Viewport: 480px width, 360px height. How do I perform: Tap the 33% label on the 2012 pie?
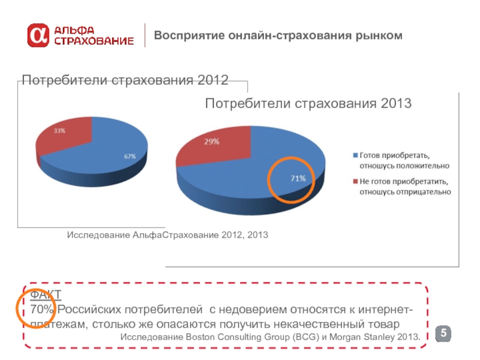pyautogui.click(x=59, y=130)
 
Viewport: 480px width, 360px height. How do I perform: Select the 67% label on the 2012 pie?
pyautogui.click(x=130, y=156)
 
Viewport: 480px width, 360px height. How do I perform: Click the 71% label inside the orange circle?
pyautogui.click(x=299, y=178)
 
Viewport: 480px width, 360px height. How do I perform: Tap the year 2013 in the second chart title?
pyautogui.click(x=395, y=104)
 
